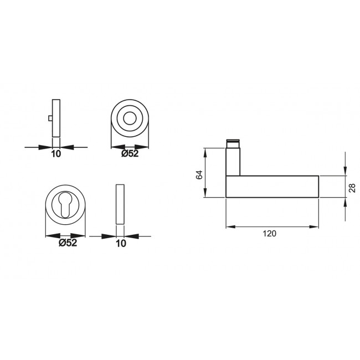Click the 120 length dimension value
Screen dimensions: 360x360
(269, 234)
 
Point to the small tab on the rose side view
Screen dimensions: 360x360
(50, 119)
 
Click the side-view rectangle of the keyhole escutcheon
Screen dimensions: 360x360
(120, 204)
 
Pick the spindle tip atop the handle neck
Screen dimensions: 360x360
(233, 143)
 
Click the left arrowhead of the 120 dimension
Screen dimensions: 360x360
(229, 227)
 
